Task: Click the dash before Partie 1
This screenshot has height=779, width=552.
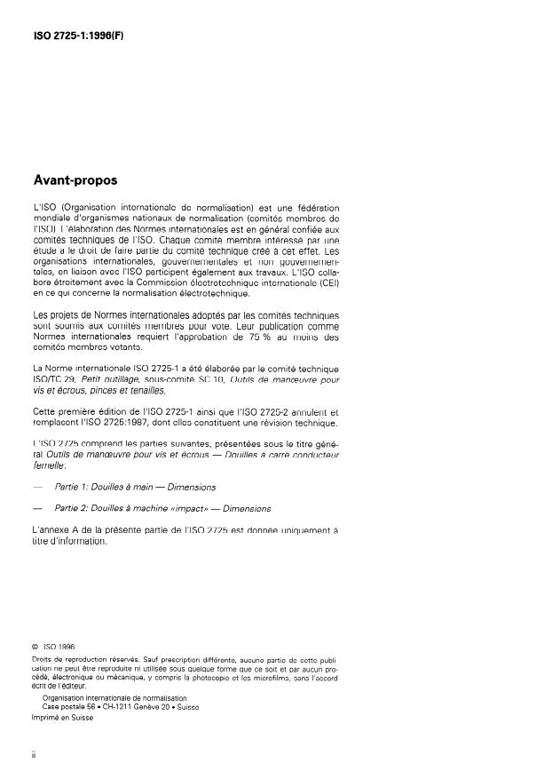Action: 36,487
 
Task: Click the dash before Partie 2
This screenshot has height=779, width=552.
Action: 36,509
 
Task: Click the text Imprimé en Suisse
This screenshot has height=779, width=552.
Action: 62,719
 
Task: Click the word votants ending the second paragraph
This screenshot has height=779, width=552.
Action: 121,348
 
